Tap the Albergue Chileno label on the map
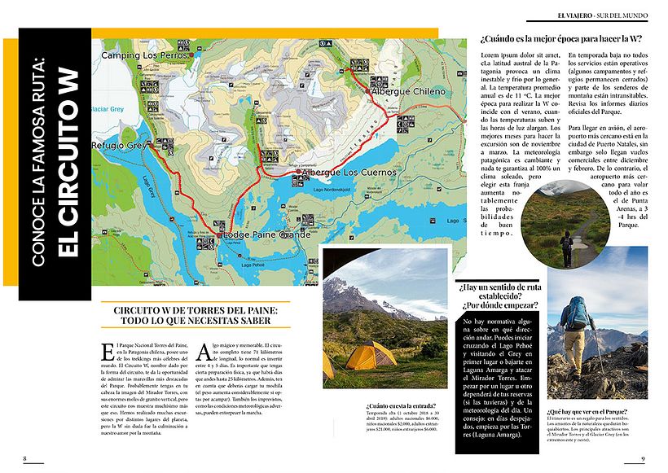point(408,92)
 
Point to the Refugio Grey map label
point(123,145)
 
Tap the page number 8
point(24,458)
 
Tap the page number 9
point(644,458)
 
